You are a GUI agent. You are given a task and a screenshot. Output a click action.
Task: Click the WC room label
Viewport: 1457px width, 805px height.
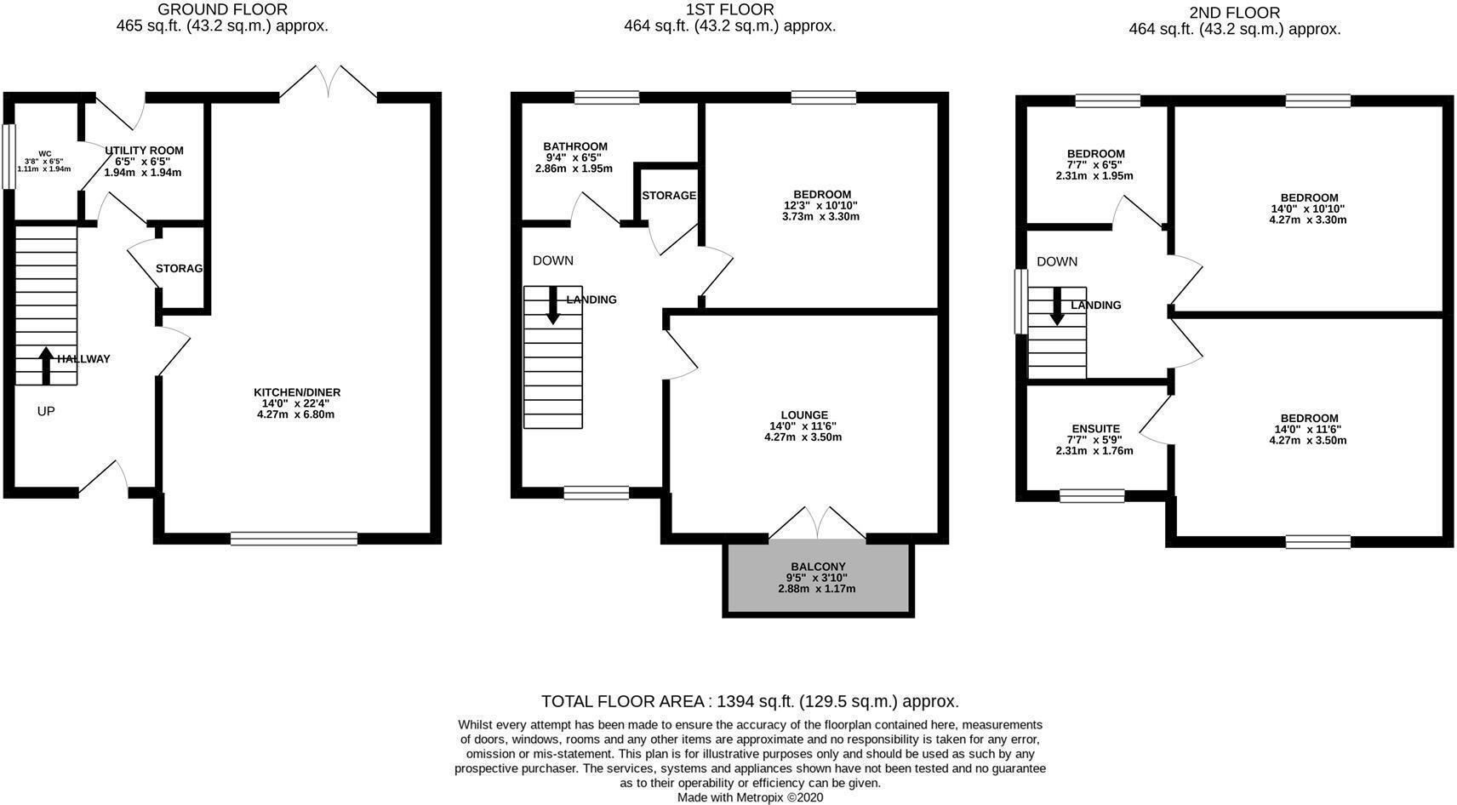44,154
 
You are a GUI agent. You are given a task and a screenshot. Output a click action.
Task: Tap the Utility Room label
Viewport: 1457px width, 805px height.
143,151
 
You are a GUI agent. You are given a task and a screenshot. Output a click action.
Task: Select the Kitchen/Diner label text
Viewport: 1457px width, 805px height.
297,392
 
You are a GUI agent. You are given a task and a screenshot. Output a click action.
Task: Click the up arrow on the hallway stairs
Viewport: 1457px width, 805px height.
46,364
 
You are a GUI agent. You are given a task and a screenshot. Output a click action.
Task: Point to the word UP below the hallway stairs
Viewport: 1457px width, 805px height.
46,411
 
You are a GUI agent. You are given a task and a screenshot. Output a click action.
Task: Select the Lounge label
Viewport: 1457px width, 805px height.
803,415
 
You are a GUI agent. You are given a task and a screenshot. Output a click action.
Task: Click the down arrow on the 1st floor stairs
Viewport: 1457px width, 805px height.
553,306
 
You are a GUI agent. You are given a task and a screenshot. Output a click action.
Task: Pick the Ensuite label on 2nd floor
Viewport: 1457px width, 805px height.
1095,429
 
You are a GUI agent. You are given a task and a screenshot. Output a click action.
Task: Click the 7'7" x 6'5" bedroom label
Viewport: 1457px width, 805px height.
1095,154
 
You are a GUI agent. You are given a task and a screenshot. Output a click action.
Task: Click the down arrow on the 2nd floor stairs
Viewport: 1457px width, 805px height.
1057,307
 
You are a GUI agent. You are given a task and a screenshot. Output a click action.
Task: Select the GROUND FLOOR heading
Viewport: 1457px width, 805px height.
222,10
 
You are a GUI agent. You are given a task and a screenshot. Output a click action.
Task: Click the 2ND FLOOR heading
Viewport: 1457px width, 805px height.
1234,13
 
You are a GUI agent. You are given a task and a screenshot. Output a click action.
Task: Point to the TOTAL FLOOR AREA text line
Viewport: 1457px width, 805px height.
749,701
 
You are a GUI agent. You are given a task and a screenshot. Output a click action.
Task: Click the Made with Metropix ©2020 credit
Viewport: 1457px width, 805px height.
750,797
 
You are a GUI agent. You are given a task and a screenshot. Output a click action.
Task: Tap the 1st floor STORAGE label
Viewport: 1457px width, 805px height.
668,196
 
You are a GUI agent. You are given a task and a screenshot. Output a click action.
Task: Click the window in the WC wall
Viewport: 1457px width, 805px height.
9,157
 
